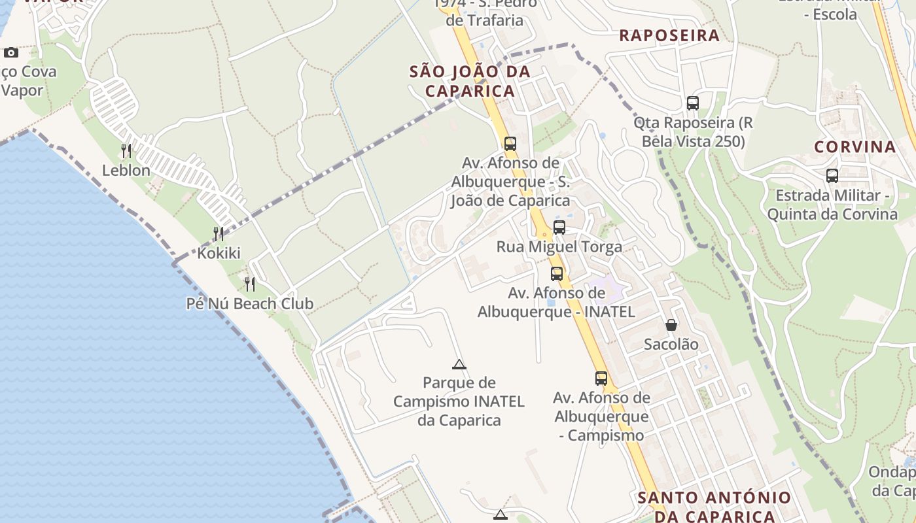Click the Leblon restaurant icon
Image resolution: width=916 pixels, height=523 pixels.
point(126,151)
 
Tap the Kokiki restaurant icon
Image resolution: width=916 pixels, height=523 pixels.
point(219,233)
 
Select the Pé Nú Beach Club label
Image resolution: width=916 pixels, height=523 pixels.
point(250,304)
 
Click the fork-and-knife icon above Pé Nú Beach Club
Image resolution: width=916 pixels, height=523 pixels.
point(250,284)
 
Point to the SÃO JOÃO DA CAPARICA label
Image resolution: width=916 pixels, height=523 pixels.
point(470,81)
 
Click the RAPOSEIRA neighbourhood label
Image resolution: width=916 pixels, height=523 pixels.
point(669,35)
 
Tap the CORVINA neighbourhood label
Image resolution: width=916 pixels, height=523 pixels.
point(854,146)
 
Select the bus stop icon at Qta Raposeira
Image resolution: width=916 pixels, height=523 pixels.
point(692,103)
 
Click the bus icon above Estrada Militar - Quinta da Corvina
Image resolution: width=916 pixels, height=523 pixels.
point(832,175)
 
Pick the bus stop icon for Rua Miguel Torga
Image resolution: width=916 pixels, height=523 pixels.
point(559,228)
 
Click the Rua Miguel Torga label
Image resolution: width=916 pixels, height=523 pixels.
point(559,246)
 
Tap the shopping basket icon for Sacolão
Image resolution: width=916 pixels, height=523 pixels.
point(671,324)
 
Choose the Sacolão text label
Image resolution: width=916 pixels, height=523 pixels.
point(671,344)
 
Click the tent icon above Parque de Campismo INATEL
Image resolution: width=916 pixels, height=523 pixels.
point(459,364)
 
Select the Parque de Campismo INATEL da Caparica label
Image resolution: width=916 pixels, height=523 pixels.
point(459,401)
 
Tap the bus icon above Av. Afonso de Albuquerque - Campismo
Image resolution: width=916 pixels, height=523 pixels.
point(601,378)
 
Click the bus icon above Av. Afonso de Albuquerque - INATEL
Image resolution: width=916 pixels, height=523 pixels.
point(556,273)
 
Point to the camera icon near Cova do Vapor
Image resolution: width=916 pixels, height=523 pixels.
point(11,52)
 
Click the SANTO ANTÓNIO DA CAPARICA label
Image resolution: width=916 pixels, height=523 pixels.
point(714,507)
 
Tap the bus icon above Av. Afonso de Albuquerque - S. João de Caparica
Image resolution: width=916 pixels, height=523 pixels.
point(510,143)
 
